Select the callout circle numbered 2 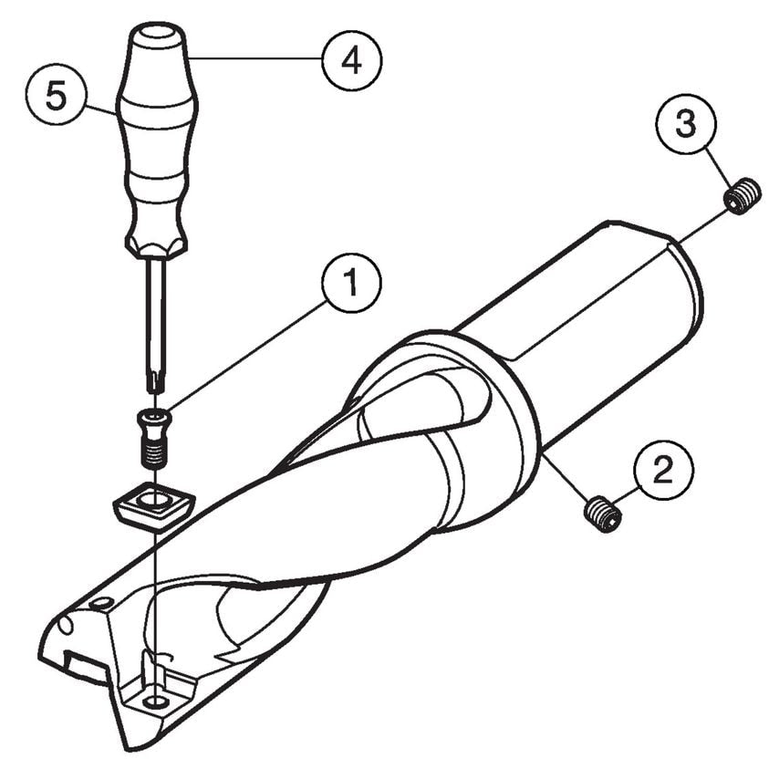(662, 471)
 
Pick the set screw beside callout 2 (603, 514)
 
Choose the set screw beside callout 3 (743, 196)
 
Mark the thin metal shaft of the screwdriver (156, 310)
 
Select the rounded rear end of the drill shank (689, 292)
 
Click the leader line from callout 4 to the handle (255, 59)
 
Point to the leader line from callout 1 (246, 357)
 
